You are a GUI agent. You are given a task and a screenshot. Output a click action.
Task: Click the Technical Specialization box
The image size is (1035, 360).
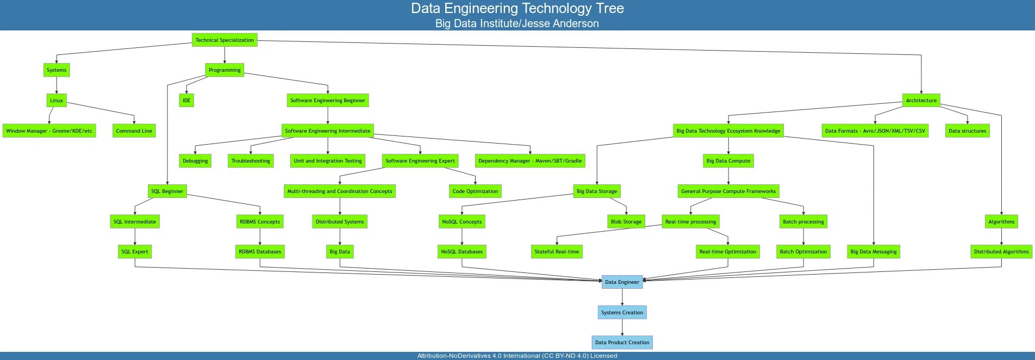pos(225,40)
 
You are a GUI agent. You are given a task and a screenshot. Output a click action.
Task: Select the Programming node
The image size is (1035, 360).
pos(225,70)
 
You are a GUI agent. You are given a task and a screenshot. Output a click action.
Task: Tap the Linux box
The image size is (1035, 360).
pos(57,100)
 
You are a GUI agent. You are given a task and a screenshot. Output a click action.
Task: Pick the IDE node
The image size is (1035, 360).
pos(186,100)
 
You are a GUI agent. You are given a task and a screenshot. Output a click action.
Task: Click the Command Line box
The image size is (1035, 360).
pos(134,131)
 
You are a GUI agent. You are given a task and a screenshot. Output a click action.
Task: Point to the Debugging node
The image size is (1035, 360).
pos(195,161)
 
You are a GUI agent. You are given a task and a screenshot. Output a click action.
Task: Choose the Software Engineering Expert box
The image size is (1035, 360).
pos(420,161)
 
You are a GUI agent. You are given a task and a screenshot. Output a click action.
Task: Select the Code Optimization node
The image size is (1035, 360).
pos(475,191)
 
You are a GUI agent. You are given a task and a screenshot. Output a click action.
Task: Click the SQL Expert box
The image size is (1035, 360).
pos(135,252)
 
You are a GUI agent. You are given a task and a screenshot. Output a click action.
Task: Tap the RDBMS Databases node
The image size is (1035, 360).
pos(260,252)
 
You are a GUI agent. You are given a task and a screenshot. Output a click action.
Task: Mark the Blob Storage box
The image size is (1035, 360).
pos(626,221)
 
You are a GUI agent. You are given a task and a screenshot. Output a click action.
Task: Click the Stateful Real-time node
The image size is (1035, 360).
pos(557,252)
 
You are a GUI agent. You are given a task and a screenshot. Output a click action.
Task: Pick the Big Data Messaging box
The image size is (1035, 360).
pos(874,252)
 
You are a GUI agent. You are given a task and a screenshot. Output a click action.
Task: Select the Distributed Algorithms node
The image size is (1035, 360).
pos(1001,252)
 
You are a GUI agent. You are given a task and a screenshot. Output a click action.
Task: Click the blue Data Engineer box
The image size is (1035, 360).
pos(622,282)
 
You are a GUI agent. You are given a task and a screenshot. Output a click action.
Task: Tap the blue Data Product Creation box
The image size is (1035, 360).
pos(622,343)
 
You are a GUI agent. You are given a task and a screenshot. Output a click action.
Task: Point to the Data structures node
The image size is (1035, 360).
pos(967,131)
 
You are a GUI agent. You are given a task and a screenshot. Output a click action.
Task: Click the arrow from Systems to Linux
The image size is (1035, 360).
pos(57,85)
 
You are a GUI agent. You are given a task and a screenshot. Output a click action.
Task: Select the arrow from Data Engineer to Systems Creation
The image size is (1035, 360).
pos(622,297)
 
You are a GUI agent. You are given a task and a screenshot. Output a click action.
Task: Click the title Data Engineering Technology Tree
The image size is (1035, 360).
pos(517,9)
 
